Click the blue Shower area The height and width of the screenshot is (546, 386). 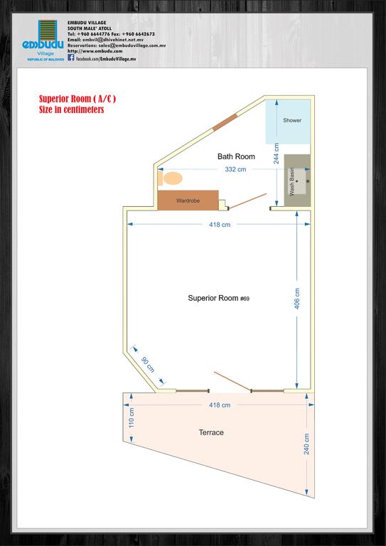click(288, 122)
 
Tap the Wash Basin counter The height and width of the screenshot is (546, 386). click(297, 180)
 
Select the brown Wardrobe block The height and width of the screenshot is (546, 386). click(188, 200)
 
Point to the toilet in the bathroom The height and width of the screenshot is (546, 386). click(170, 178)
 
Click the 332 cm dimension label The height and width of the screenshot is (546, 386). click(235, 170)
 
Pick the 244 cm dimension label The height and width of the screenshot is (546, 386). click(277, 154)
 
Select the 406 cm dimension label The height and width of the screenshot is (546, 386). click(297, 299)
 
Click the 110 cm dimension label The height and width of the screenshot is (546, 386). click(132, 418)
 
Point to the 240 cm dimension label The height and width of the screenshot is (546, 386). click(306, 444)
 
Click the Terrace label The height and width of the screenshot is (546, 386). click(211, 432)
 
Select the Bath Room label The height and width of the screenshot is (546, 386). click(236, 156)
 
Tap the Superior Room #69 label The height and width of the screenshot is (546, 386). click(218, 298)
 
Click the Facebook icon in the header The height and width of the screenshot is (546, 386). click(71, 58)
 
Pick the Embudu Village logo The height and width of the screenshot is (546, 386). click(43, 41)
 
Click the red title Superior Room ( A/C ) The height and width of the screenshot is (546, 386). click(77, 100)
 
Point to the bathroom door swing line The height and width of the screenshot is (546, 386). click(247, 201)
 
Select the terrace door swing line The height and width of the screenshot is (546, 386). click(232, 381)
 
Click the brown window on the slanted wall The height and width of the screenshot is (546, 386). click(225, 122)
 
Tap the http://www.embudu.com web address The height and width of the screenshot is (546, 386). click(95, 51)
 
